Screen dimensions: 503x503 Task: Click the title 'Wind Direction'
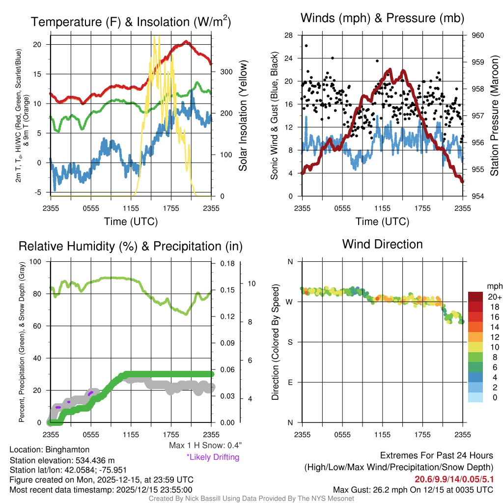382,244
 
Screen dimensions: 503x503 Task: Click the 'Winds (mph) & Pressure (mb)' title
382,19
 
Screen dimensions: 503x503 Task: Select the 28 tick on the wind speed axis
289,35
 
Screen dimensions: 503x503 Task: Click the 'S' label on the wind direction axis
290,342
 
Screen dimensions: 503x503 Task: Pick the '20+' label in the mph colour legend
495,297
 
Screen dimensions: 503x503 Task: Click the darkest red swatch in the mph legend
476,297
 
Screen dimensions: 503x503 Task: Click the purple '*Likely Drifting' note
213,457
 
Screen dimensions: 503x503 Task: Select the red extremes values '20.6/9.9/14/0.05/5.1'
454,479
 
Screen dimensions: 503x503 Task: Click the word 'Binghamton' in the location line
67,449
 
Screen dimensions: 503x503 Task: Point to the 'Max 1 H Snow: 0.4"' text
205,446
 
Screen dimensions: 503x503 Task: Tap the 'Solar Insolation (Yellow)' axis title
243,116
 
